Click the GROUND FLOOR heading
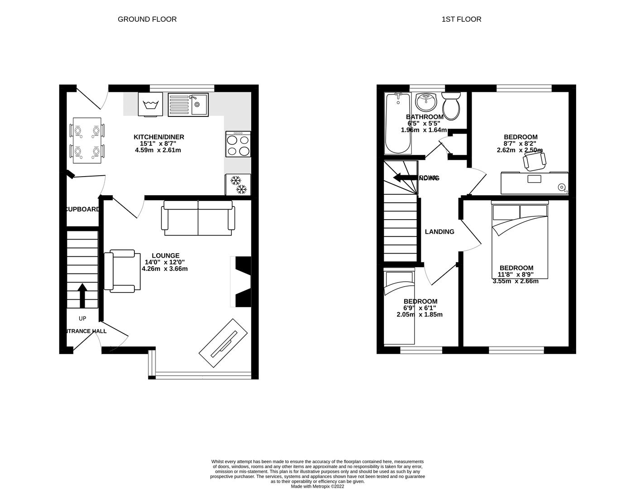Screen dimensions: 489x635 (147, 19)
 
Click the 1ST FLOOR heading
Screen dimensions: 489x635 (461, 19)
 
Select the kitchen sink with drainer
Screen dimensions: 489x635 (188, 105)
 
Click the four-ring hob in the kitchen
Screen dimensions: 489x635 (238, 144)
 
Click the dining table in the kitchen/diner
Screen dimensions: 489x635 (87, 140)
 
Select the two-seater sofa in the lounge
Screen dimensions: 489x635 (199, 218)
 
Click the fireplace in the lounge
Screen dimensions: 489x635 (242, 282)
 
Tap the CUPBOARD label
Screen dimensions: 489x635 (83, 209)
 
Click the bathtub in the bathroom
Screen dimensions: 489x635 (398, 123)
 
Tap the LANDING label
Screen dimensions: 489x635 (439, 232)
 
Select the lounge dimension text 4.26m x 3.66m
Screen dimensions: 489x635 (165, 268)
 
